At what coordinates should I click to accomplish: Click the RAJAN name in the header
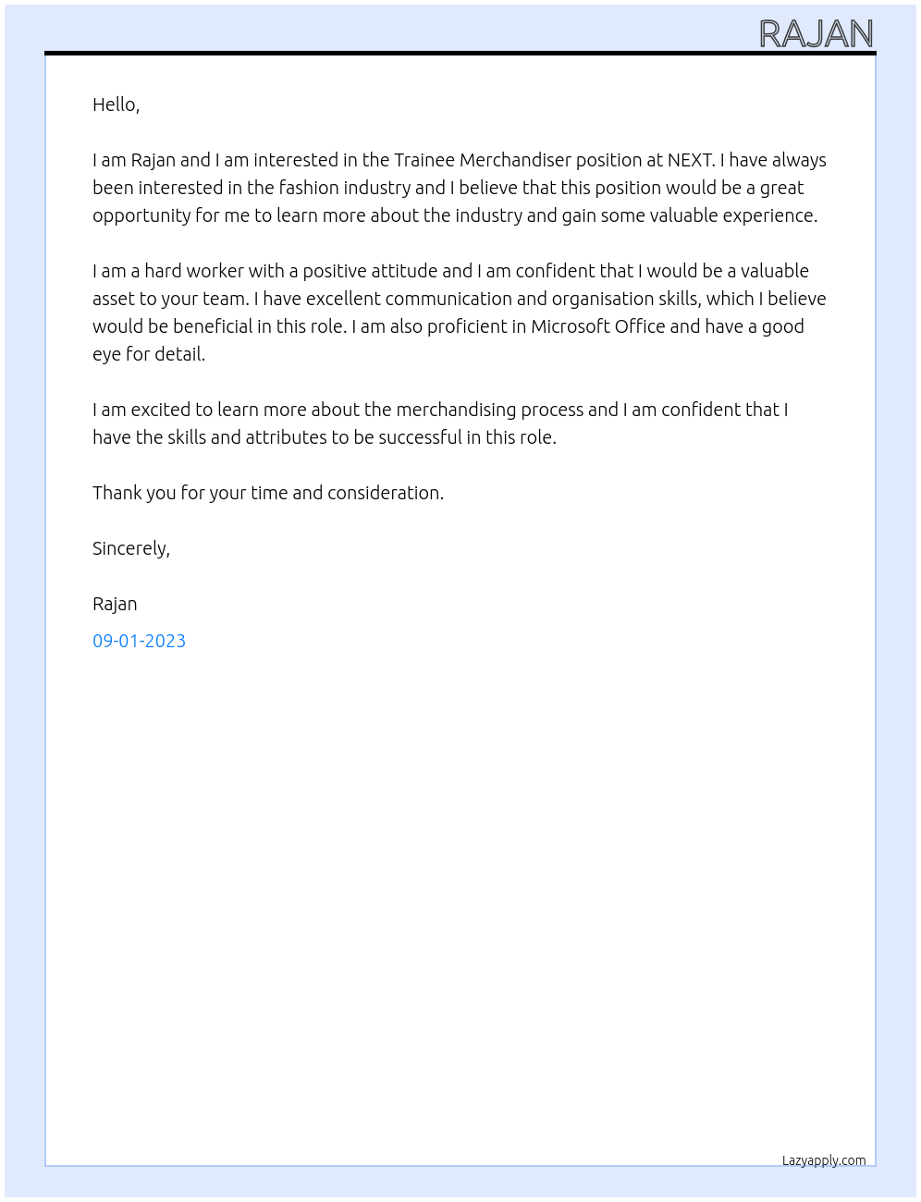pyautogui.click(x=816, y=34)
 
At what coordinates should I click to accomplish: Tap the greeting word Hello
pyautogui.click(x=115, y=104)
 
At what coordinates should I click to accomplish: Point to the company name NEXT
pyautogui.click(x=690, y=160)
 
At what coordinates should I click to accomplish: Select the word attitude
pyautogui.click(x=404, y=271)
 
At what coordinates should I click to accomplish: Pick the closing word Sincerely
pyautogui.click(x=130, y=548)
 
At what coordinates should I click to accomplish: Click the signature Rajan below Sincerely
pyautogui.click(x=115, y=604)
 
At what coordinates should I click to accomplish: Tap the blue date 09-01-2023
pyautogui.click(x=139, y=641)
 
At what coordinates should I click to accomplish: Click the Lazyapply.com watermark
pyautogui.click(x=824, y=1160)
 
